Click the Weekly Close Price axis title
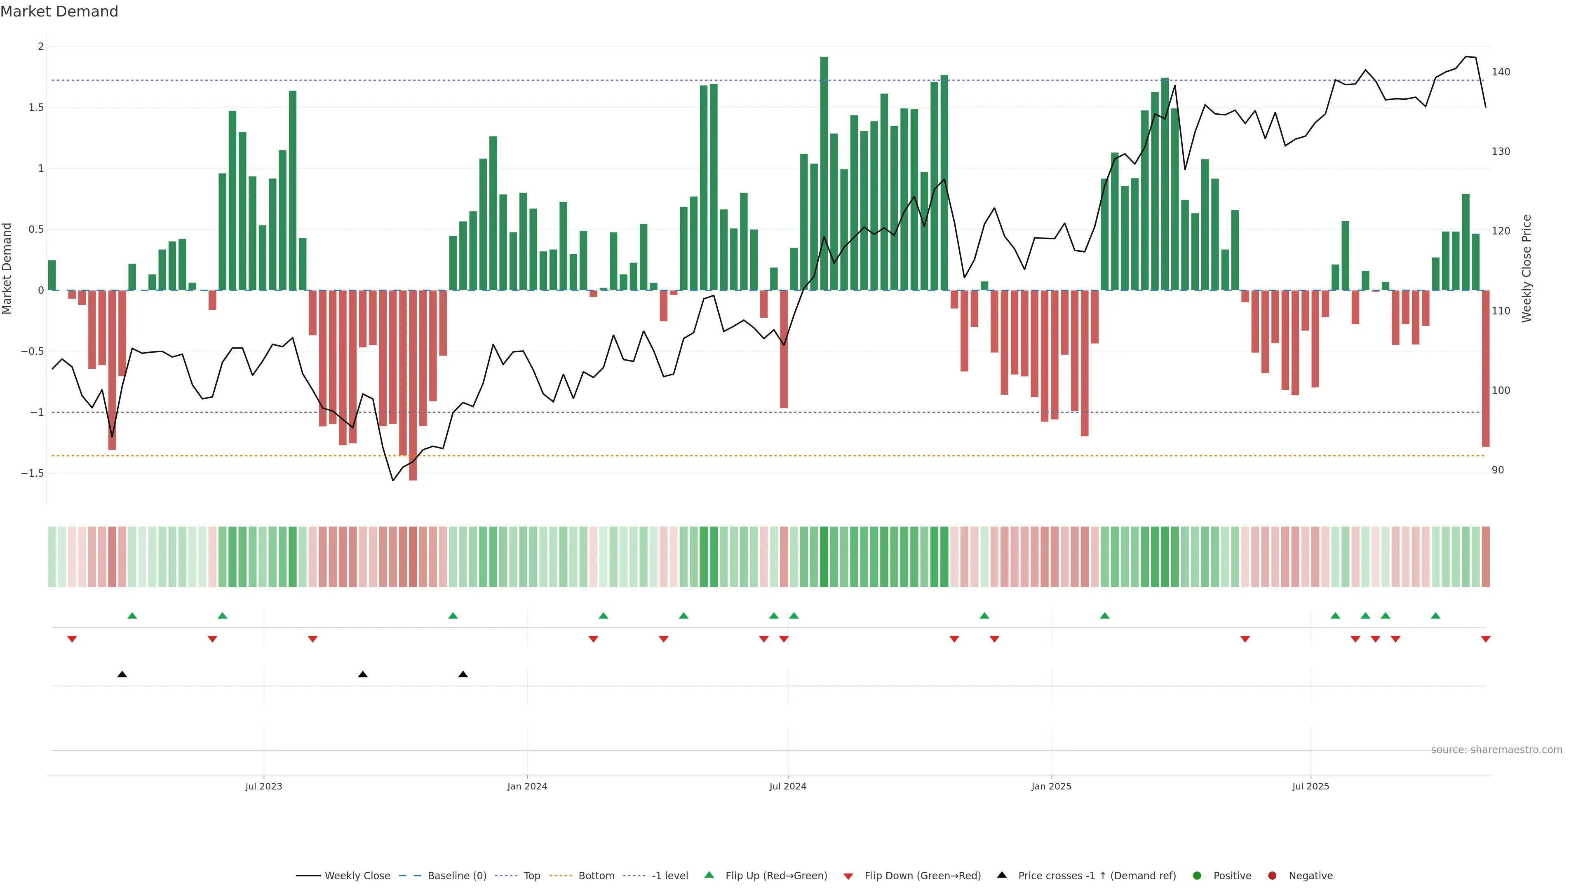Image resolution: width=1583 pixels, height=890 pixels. pyautogui.click(x=1527, y=268)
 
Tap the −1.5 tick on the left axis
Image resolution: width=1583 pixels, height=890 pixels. pyautogui.click(x=33, y=473)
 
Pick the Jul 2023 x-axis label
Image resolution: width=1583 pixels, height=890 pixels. pyautogui.click(x=264, y=786)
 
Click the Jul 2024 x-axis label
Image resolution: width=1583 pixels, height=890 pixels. pyautogui.click(x=788, y=786)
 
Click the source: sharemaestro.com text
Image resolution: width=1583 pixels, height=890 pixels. pyautogui.click(x=1496, y=750)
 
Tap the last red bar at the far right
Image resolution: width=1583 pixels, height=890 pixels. pyautogui.click(x=1485, y=368)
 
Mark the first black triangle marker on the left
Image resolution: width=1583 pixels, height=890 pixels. pyautogui.click(x=122, y=675)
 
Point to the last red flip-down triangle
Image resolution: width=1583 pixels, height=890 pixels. pyautogui.click(x=1485, y=639)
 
